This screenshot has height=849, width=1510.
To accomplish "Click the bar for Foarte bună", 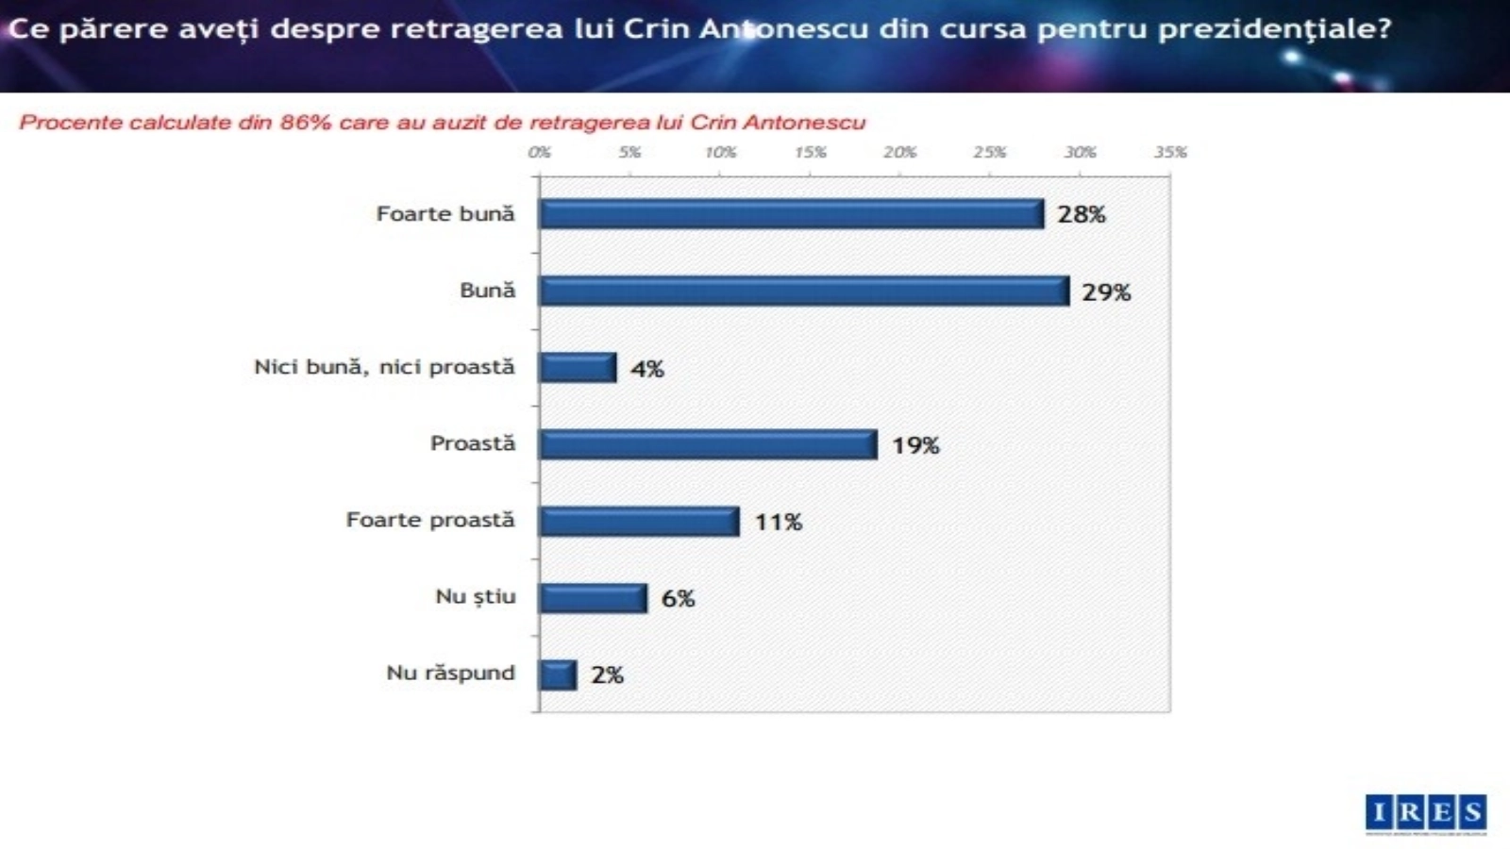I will pos(791,214).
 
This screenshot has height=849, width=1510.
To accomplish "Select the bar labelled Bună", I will pos(803,291).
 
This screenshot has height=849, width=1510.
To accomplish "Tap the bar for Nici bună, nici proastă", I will pos(578,367).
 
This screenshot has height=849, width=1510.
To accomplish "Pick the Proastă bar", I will pos(708,444).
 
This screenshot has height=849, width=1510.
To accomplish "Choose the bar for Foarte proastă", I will pos(639,521).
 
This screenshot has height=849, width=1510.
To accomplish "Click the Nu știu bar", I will pos(593,598).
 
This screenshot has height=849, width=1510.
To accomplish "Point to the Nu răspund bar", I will pos(558,674).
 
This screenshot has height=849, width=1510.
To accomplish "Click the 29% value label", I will pos(1106,292).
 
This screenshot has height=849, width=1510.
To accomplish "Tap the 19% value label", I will pos(915,445).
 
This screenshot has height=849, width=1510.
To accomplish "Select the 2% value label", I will pos(607,674).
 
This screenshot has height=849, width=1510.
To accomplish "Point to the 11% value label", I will pos(778,522).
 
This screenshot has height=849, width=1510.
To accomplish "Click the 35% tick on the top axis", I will pos(1170,152).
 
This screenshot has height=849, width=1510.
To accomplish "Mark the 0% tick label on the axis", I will pos(539,152).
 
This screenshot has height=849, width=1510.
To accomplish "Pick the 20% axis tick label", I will pos(899,152).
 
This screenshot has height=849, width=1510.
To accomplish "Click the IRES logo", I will pos(1425,813).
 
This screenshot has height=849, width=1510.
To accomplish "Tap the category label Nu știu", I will pos(475,596).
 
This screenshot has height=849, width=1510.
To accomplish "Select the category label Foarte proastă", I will pos(430,520).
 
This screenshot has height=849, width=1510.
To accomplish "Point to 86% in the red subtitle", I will pos(305,123).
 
